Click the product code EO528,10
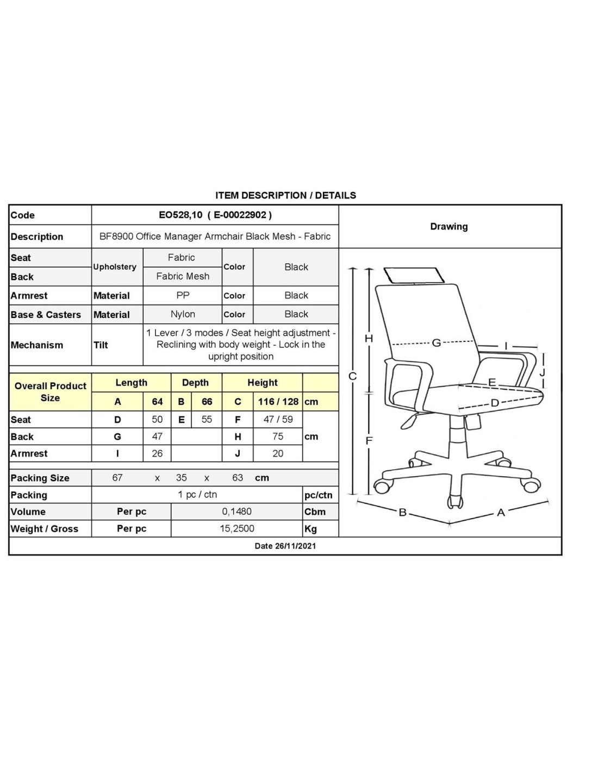(180, 215)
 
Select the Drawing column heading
(448, 227)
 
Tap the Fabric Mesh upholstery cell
(183, 276)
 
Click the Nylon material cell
(183, 314)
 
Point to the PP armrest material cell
(183, 295)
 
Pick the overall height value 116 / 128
(278, 402)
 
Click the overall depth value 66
(207, 402)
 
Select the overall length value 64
(157, 402)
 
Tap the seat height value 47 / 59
(278, 419)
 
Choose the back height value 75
(278, 437)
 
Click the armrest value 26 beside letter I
(157, 453)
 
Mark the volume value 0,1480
(236, 512)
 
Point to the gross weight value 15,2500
(236, 528)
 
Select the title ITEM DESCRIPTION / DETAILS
(285, 195)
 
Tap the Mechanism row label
(37, 345)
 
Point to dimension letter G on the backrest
(436, 343)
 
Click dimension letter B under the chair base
(403, 512)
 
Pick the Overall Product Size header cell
(50, 391)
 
